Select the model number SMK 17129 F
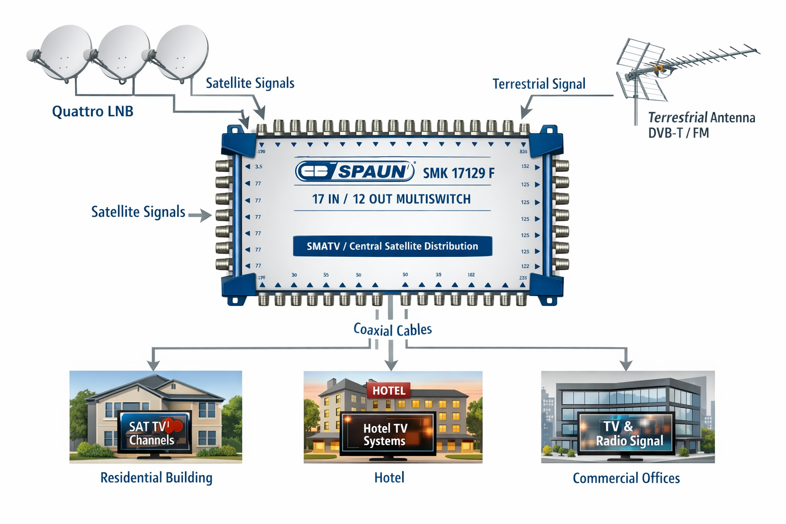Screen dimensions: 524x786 coord(458,173)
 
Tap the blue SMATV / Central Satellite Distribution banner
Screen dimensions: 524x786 coord(392,246)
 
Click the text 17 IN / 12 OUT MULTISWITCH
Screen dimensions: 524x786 coord(391,199)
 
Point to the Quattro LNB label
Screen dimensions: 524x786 coord(93,112)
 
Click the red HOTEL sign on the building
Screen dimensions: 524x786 coord(388,390)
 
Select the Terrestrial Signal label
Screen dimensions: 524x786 coord(539,84)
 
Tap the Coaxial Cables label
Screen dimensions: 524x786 coord(392,330)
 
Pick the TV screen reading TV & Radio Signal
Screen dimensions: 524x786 coord(626,433)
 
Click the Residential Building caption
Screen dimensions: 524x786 coord(156,477)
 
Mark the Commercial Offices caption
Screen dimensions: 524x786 coord(626,478)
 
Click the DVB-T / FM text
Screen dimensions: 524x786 coord(679,133)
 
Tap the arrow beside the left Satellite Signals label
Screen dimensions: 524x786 coord(200,215)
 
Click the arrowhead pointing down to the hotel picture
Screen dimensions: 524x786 coord(391,365)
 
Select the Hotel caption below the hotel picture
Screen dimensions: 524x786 coord(389,477)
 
